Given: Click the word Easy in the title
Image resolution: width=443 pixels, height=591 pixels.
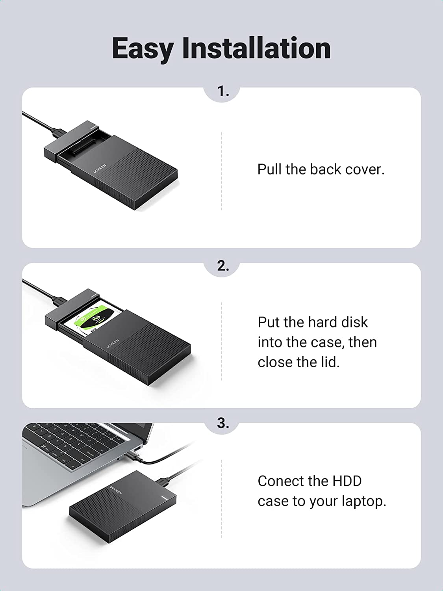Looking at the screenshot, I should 142,48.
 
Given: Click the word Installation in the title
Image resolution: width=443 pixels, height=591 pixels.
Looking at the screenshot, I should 256,48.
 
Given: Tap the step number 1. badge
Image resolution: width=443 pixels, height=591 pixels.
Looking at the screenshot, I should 223,91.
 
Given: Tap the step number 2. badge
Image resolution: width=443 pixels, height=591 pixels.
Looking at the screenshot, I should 223,266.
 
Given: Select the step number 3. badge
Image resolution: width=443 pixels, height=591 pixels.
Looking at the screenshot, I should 223,423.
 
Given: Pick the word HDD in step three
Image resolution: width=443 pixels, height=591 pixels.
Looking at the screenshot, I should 347,481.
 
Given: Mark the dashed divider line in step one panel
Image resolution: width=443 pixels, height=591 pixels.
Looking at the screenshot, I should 222,171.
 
